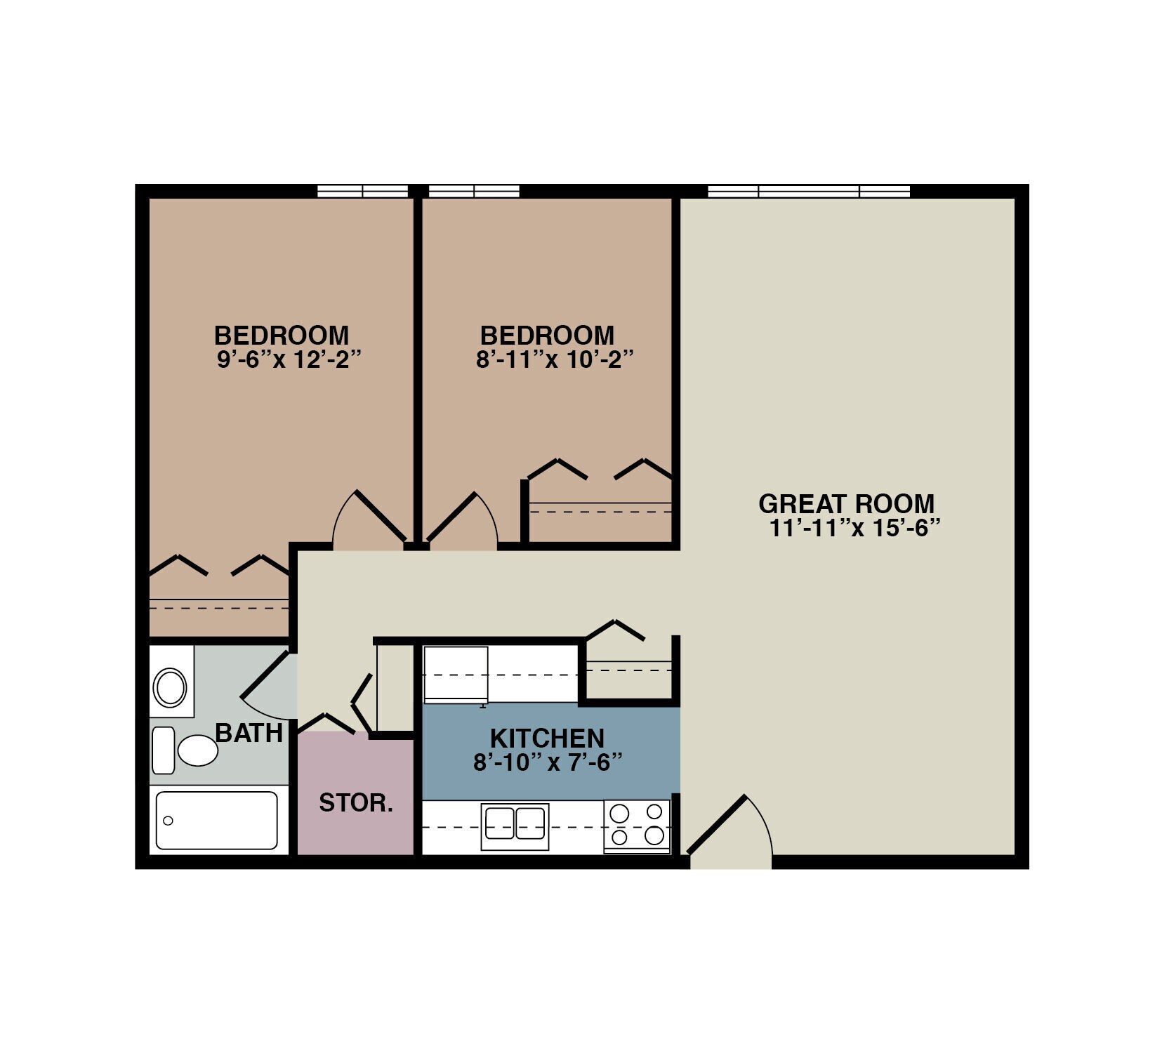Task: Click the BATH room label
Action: (249, 733)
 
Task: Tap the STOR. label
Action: (356, 802)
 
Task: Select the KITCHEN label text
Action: (547, 739)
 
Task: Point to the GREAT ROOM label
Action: (846, 504)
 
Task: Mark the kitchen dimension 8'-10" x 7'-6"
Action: (548, 762)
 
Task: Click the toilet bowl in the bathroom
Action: (197, 750)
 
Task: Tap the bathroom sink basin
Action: (170, 687)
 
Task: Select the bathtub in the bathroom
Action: (216, 820)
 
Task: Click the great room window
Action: (809, 191)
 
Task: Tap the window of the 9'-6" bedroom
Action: (362, 191)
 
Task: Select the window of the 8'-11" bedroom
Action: (474, 191)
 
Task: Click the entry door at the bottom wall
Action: (730, 835)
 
